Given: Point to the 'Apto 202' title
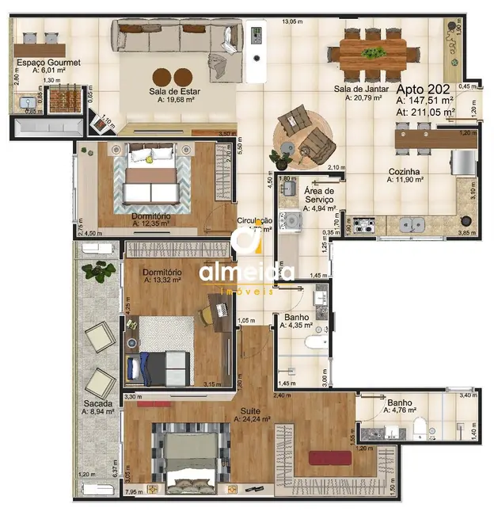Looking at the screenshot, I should coord(424,89).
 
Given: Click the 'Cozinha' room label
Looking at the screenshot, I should coord(404,171).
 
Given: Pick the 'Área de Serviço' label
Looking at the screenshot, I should coord(320,196).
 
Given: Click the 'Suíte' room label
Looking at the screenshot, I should coord(253,411).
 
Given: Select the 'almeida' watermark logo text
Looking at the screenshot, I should coord(246,273).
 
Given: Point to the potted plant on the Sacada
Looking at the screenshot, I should coord(99,271).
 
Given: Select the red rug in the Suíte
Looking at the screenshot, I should coord(329,457).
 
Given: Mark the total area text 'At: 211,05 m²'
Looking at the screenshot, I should coord(425,113).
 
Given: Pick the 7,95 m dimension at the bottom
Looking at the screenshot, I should coord(135,492).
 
